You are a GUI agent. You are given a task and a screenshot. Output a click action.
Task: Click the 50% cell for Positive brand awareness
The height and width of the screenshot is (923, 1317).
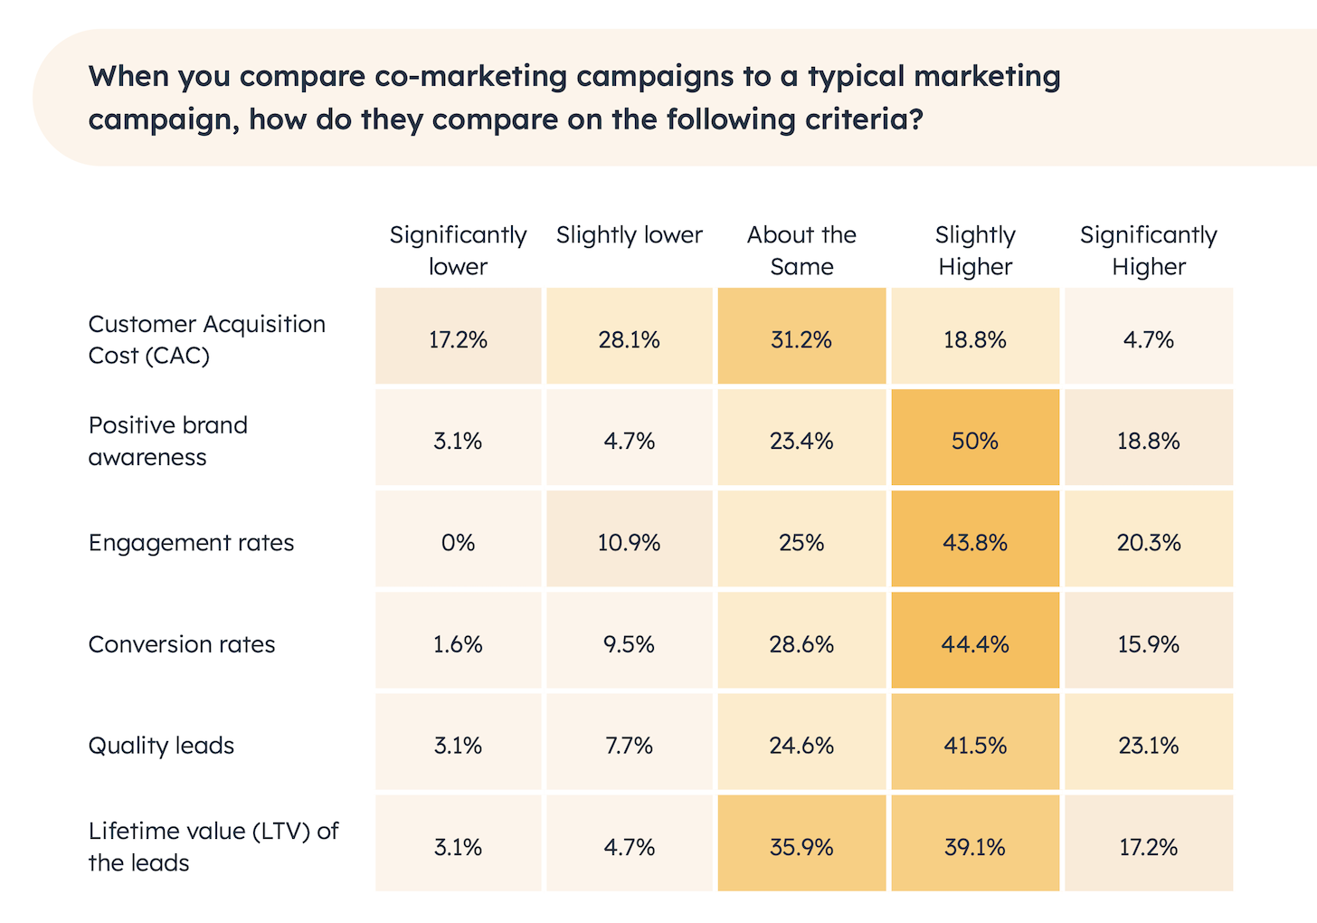point(974,441)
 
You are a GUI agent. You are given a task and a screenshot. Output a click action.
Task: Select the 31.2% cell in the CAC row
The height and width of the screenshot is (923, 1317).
point(801,339)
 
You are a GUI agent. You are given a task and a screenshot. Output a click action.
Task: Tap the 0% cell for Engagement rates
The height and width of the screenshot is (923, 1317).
point(458,543)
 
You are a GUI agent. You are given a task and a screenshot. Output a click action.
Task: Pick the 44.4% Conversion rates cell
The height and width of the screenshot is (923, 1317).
point(974,644)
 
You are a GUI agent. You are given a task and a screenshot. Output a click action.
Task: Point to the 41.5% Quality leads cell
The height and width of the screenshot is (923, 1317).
point(974,746)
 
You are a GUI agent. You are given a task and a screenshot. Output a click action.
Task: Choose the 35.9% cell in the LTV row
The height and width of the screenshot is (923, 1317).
point(801,847)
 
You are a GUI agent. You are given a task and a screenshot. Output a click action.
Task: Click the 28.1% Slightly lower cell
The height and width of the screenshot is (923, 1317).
point(629,339)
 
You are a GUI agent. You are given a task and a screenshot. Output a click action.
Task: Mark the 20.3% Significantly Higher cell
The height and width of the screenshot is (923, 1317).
point(1149,543)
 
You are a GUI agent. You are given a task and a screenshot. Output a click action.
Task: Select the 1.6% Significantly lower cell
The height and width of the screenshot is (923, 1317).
point(458,644)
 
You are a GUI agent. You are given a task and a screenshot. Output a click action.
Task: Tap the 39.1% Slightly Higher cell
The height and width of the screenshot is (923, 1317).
point(974,847)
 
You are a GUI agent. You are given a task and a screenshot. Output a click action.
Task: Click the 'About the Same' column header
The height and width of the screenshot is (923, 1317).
point(801,251)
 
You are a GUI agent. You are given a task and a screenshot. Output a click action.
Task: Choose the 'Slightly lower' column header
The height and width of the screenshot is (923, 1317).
point(629,235)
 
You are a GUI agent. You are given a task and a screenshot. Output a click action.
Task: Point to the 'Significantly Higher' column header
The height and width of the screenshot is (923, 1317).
point(1149,251)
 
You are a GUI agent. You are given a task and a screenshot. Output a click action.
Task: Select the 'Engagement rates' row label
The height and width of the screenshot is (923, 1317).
point(191,543)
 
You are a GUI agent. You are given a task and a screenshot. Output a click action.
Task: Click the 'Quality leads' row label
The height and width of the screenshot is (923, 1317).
point(161,746)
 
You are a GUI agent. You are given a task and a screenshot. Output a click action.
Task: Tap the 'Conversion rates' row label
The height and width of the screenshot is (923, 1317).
point(182,644)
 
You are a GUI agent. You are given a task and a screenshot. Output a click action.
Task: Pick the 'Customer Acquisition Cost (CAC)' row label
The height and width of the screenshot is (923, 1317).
point(206,339)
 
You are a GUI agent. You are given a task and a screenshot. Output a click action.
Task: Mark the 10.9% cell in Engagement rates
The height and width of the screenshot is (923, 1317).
point(629,543)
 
